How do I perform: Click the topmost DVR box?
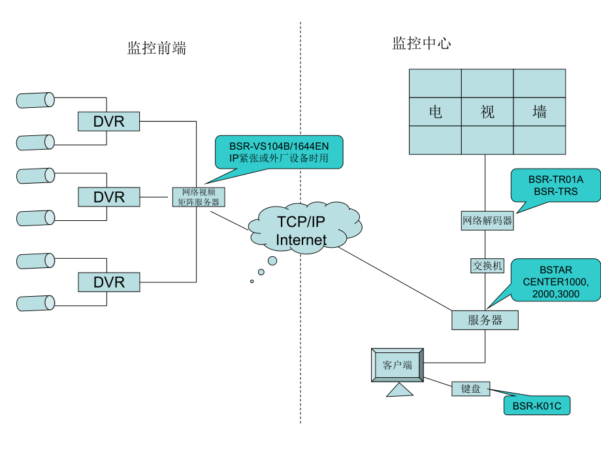109,121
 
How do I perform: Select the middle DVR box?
109,197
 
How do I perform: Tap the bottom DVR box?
109,282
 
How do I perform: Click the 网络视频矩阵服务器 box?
199,197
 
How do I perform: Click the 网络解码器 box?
487,221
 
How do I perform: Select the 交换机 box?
487,265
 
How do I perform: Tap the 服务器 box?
485,320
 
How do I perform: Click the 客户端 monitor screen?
397,365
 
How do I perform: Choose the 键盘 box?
470,389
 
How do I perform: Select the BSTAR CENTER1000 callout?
556,280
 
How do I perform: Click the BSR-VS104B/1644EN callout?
279,152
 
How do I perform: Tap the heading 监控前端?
157,48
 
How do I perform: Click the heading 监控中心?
421,44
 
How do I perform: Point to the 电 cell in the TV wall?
435,112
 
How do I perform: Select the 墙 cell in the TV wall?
540,112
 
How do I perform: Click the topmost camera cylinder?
35,99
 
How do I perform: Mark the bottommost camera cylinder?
35,303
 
